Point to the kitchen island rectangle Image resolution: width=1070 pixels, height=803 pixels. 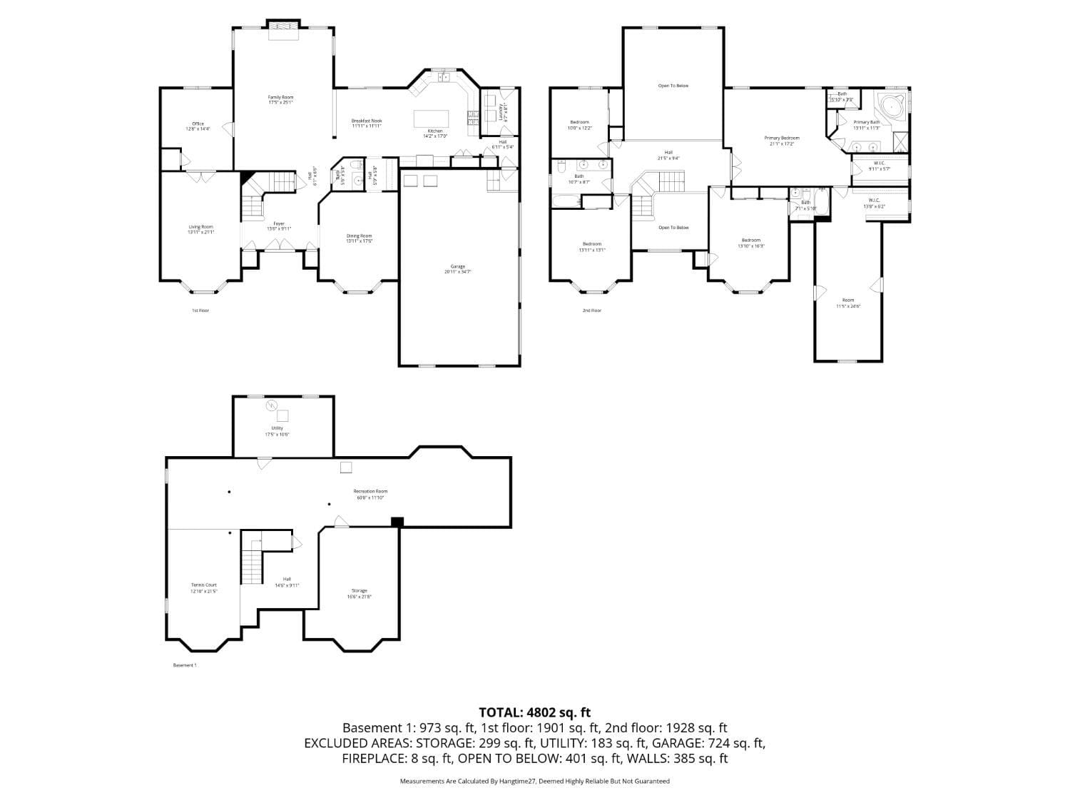[x=432, y=118]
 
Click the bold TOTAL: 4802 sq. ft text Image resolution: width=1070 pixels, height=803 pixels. [x=534, y=712]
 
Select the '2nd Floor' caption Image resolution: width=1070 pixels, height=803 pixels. [x=591, y=310]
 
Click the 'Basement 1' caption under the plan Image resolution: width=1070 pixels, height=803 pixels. [x=185, y=665]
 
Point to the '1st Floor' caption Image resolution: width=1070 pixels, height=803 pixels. [x=200, y=310]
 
